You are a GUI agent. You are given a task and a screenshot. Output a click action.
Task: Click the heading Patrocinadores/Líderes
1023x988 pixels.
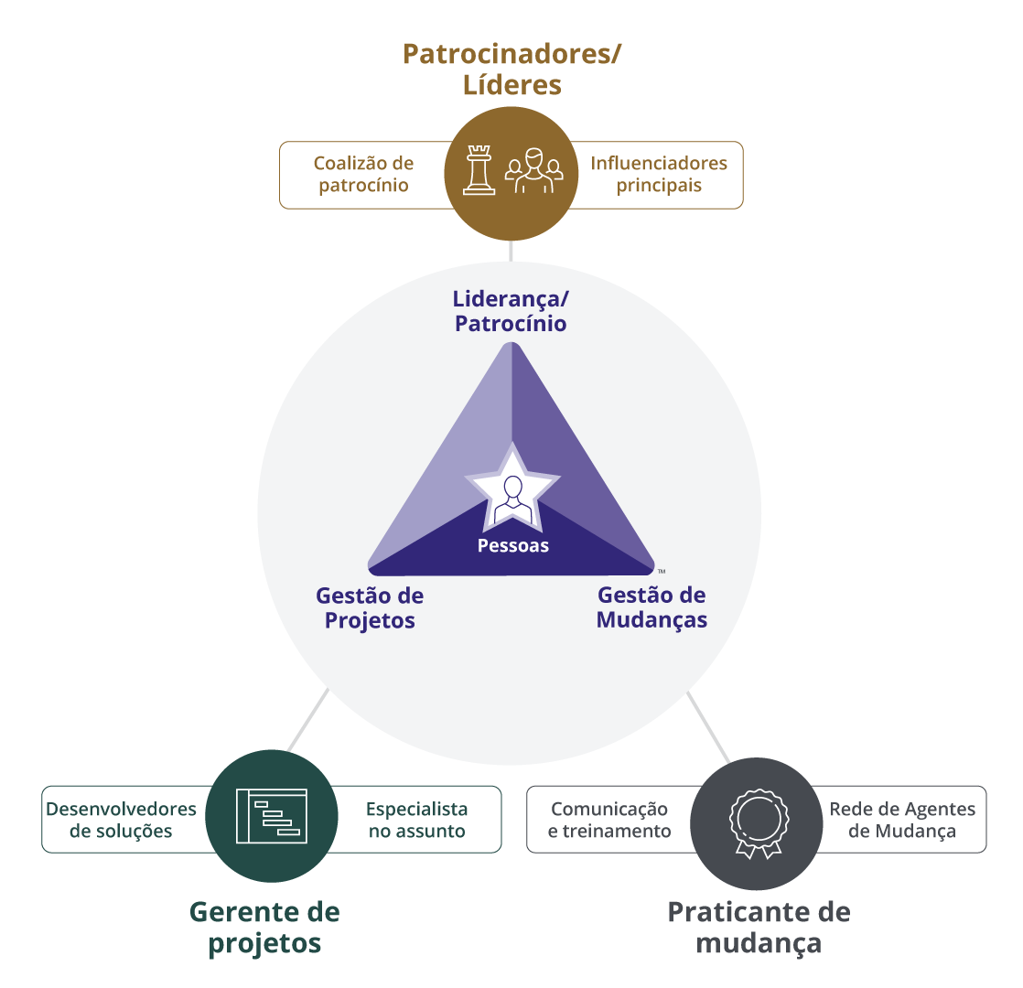pos(512,70)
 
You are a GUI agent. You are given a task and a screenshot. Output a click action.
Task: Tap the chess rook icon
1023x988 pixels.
pos(479,171)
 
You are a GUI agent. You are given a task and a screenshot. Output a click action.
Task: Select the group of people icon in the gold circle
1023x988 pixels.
pos(534,171)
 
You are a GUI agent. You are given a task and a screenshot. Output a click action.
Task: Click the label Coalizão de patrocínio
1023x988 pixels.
pos(363,174)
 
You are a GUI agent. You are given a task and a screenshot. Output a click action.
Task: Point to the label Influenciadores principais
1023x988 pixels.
pos(659,174)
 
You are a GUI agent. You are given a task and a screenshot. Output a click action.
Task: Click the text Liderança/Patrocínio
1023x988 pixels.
pos(510,311)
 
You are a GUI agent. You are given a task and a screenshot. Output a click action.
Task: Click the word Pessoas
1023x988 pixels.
pos(512,546)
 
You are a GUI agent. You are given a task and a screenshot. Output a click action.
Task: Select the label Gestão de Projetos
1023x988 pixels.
pos(370,607)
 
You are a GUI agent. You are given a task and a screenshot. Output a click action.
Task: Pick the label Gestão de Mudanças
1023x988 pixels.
pos(651,607)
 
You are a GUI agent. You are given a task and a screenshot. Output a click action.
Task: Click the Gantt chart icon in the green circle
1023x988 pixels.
pos(272,815)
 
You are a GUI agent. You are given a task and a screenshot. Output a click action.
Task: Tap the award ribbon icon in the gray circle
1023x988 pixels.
pos(757,821)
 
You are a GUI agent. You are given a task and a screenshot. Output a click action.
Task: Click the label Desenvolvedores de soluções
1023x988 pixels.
pos(121,820)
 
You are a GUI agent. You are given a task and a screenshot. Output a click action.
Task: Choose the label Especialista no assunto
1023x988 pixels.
pos(416,820)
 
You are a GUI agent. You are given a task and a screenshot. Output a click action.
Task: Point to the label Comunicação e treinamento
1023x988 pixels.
pos(609,820)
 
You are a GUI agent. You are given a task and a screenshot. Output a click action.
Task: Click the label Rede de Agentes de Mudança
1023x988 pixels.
pos(902,820)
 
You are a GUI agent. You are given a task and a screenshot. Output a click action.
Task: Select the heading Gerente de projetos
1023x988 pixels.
pos(264,927)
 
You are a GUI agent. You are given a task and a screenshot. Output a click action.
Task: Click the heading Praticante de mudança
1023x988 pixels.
pos(759,927)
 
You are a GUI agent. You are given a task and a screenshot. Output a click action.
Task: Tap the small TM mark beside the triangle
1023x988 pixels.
pos(661,571)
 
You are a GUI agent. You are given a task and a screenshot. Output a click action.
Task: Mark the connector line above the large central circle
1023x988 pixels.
pos(512,251)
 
